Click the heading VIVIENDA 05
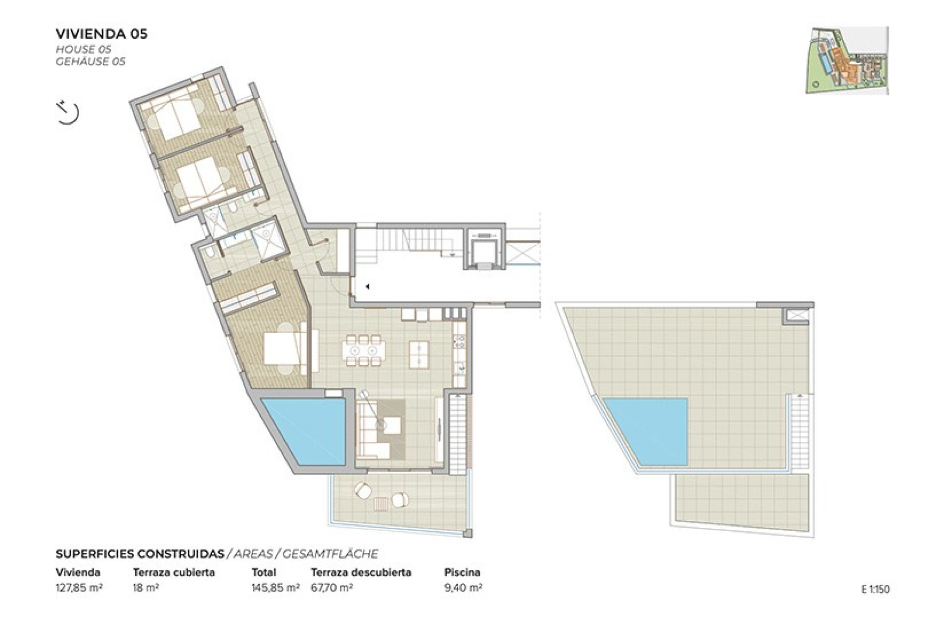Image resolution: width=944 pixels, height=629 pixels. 101,34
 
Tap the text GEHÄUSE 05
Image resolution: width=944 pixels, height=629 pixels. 90,61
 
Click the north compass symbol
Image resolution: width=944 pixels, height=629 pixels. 68,113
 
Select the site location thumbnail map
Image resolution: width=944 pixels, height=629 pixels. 847,60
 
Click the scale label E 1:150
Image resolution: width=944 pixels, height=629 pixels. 875,589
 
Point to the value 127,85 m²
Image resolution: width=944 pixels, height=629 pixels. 79,588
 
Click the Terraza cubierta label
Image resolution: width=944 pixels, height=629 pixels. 174,572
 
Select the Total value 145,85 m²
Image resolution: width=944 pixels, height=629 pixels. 275,588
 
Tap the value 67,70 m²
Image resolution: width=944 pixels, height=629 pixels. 332,588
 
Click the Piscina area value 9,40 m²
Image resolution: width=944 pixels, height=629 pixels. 463,588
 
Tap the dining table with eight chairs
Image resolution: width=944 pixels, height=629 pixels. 363,350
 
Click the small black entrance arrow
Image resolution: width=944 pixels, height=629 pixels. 367,286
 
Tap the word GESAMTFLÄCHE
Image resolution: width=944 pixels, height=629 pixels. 330,554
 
